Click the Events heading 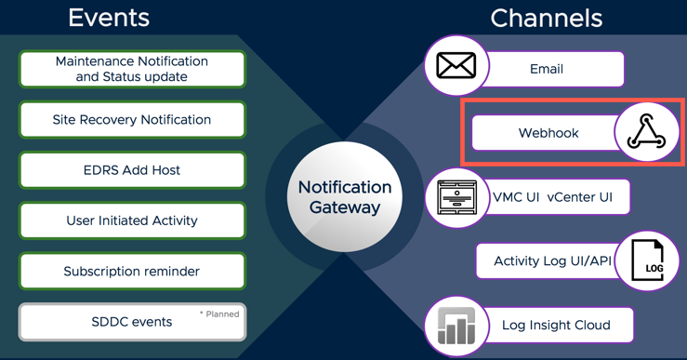pos(109,18)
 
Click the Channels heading pos(546,18)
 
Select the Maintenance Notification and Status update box pos(132,69)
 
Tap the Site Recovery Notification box pos(132,120)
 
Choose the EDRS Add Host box pos(132,170)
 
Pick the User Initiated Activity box pos(132,220)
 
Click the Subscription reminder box pos(132,272)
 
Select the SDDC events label pos(131,322)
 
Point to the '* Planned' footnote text pos(219,314)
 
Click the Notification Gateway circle pos(345,197)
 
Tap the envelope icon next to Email pos(456,66)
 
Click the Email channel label pos(547,69)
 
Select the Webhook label pos(548,133)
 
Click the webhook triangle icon pos(646,132)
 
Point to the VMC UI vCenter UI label pos(552,197)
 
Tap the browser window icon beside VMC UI pos(457,198)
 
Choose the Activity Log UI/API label pos(552,261)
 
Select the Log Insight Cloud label pos(556,325)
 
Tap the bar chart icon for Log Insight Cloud pos(456,327)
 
